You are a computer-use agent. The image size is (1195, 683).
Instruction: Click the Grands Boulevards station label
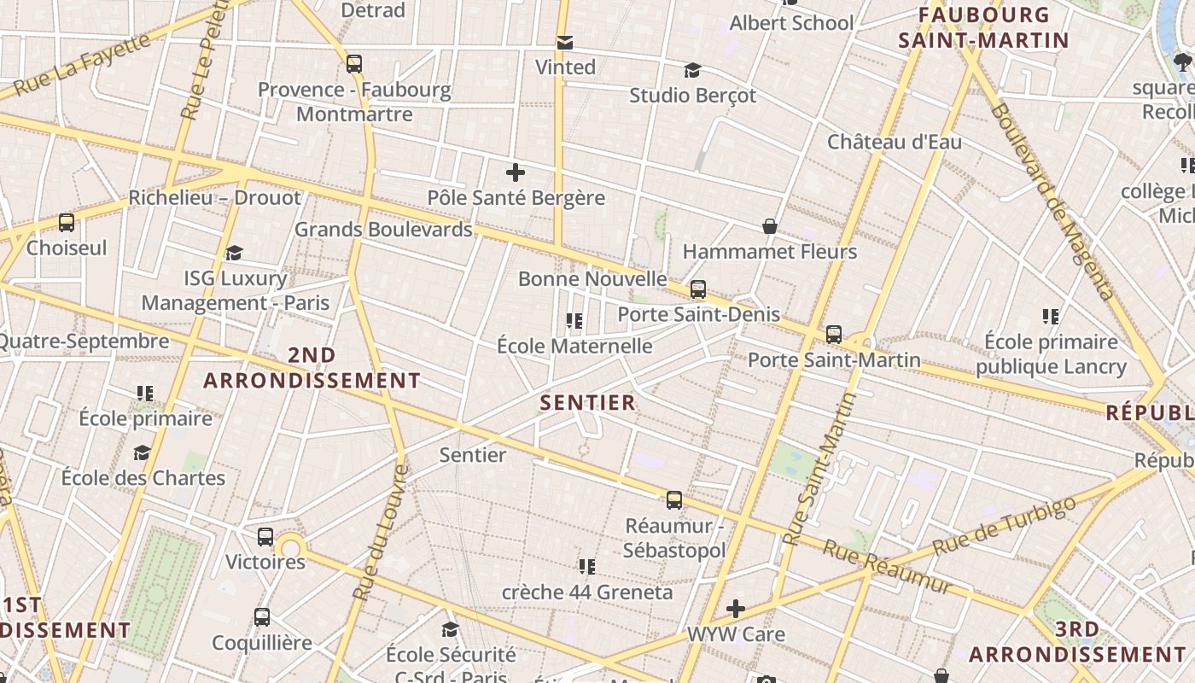tap(382, 230)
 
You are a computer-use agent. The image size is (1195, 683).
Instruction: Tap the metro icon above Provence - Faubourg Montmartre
tap(354, 64)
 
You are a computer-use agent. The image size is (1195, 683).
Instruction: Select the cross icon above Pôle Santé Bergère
tap(516, 173)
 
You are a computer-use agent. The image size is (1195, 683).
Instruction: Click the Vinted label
tap(565, 67)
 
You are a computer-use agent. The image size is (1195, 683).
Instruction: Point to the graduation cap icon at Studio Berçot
tap(692, 71)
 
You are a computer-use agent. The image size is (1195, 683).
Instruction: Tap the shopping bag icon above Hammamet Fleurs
tap(770, 226)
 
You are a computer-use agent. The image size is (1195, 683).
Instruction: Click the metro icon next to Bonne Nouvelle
tap(698, 289)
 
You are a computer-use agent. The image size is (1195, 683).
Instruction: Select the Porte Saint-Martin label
tap(834, 359)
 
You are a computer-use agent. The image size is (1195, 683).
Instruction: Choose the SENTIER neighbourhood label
tap(588, 403)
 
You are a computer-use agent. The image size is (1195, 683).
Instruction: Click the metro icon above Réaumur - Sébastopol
tap(674, 500)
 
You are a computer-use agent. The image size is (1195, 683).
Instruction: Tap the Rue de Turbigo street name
tap(1004, 524)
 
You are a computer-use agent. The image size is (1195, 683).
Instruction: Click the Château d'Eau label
tap(894, 142)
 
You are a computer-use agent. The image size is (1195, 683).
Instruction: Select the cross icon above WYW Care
tap(736, 609)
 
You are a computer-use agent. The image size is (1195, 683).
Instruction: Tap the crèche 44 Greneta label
tap(587, 592)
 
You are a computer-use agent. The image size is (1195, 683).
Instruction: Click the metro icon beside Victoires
tap(265, 537)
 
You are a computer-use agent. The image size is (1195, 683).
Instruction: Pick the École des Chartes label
tap(143, 478)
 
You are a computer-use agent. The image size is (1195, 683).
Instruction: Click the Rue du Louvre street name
tap(382, 532)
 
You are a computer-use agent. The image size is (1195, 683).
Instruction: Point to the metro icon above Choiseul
tap(67, 223)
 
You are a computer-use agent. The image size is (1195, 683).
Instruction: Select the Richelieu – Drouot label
tap(214, 198)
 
